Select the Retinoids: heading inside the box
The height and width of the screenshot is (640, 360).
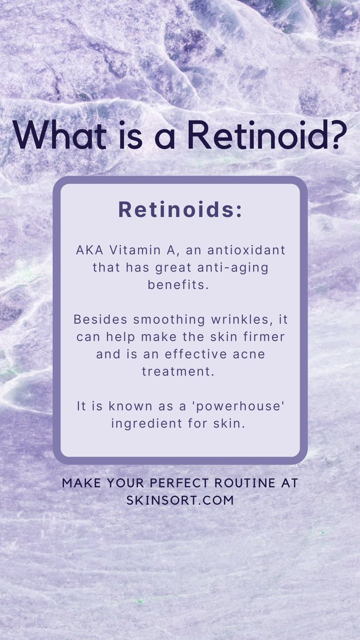180,210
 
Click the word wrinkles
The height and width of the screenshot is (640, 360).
249,319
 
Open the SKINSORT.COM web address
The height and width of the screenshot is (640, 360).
180,501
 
